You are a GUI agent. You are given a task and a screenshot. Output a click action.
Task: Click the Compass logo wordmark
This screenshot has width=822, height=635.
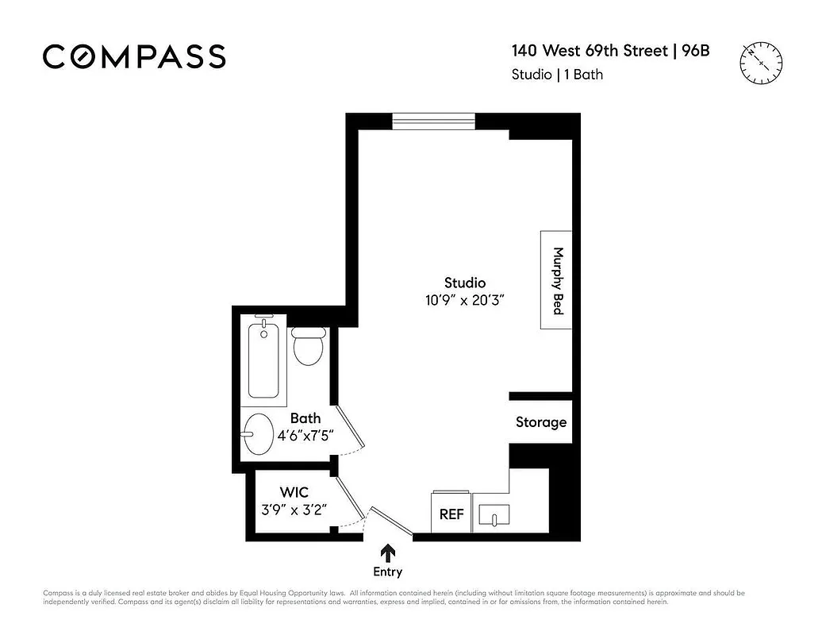coord(134,56)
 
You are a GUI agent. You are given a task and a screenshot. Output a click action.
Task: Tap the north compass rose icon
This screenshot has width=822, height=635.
coord(761,62)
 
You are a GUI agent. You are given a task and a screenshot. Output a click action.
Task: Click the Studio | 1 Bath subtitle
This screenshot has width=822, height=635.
coord(556,75)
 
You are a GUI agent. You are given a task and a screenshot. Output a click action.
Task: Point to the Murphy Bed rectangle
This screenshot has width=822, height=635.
coord(556,280)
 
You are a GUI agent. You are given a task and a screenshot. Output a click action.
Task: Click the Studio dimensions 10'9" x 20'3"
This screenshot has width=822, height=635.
coord(465,300)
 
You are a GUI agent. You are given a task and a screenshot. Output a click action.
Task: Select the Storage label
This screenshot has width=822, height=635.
coord(541,422)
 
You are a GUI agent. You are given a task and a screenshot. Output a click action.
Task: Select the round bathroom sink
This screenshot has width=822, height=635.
coord(259,433)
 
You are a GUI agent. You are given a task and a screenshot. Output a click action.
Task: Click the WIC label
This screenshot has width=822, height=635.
coord(294,493)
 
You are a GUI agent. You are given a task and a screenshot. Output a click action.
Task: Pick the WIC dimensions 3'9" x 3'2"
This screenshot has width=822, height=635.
coord(294,510)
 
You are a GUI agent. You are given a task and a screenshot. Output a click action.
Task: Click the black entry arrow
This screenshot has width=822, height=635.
coord(388,552)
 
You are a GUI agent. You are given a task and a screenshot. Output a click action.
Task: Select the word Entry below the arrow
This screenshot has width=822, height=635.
coord(388,572)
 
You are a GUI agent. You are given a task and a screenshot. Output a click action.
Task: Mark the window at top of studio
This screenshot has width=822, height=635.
coord(433,121)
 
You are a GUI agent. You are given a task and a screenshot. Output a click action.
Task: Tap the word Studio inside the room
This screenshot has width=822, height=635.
coord(465,283)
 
